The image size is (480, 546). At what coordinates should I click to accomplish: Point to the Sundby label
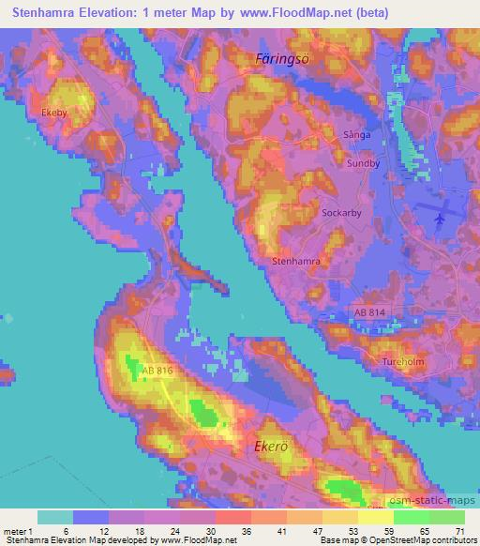[364, 162]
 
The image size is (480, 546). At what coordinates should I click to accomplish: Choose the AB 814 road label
[370, 311]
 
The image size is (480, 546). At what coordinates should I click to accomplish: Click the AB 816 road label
[156, 372]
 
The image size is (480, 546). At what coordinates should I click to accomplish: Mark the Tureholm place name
[403, 360]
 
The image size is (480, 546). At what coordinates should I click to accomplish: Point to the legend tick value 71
[457, 530]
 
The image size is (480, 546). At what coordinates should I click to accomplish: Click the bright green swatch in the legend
[412, 516]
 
